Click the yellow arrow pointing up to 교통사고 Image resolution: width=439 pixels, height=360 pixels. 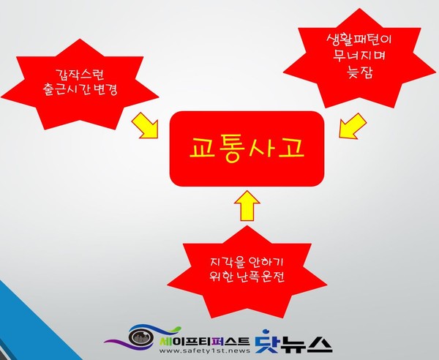247,204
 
